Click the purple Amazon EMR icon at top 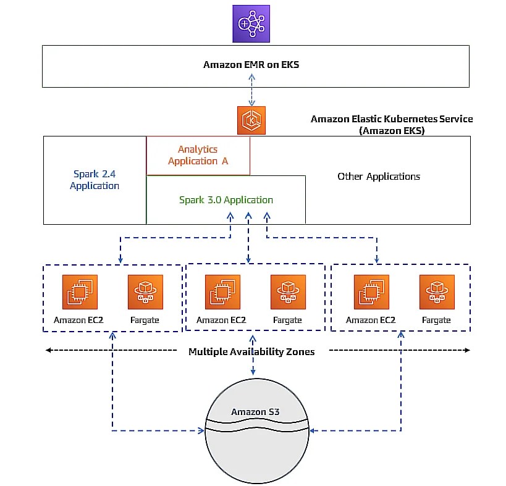251,24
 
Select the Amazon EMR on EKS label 251,65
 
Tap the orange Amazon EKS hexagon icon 251,120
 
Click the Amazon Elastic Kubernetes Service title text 392,124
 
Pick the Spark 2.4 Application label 95,180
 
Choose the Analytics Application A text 198,156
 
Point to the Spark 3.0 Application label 226,200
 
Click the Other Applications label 379,177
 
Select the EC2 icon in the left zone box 80,292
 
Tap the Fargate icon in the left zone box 145,292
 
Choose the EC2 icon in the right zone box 371,292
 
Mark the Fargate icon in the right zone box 437,292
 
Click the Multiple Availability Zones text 251,352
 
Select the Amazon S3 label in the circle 256,412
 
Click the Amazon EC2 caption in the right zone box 371,320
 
